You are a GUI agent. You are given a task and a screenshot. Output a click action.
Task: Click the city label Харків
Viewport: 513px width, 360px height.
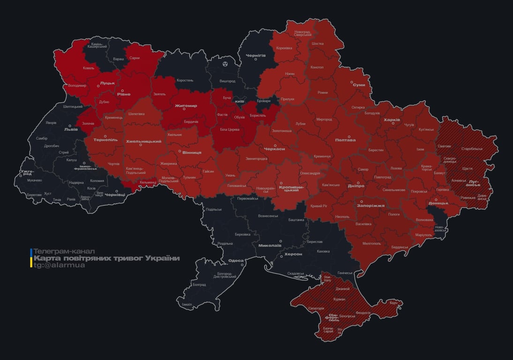pos(392,120)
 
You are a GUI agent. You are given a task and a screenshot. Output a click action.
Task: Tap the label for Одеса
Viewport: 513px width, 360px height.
pos(235,261)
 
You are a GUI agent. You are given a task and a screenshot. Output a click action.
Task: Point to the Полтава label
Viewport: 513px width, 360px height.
pos(345,140)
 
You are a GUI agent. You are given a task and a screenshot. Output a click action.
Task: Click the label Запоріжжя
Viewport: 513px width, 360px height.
pos(370,205)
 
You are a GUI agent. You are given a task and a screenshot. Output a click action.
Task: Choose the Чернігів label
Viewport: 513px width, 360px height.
pos(256,55)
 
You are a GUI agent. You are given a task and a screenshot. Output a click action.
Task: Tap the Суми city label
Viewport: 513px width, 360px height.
pos(359,85)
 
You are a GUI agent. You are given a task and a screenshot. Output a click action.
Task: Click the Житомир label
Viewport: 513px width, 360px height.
pos(186,105)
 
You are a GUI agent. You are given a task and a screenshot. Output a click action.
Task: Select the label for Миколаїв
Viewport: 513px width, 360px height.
pos(270,245)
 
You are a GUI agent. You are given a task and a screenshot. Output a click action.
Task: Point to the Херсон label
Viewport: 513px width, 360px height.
pos(293,254)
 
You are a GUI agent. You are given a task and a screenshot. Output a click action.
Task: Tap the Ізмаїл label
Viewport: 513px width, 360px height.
pos(187,304)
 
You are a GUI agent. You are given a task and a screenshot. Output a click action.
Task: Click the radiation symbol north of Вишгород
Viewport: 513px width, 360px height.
pos(226,63)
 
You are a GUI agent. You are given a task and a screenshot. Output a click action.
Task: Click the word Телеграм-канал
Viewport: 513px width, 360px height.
pos(64,251)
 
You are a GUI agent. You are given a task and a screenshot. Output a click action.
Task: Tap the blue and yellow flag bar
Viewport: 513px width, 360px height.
pos(31,258)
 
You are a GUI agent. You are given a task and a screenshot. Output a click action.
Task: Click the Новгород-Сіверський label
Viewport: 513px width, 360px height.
pos(302,33)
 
